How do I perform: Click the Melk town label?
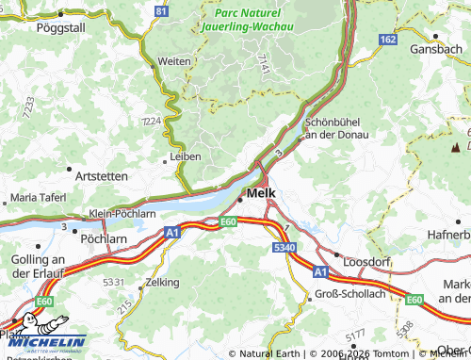(x=261, y=194)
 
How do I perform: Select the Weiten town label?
(x=174, y=60)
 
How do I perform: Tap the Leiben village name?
(x=184, y=156)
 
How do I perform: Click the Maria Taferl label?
(x=39, y=198)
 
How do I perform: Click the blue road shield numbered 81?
(x=162, y=10)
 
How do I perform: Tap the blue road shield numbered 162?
(x=388, y=39)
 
